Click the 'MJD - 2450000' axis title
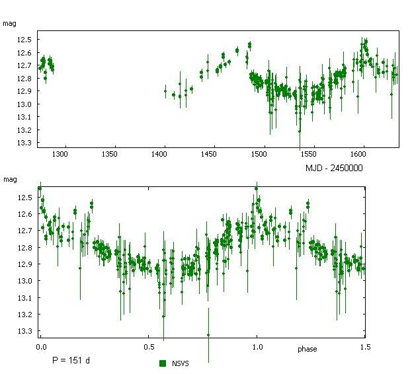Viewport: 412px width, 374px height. tap(334, 168)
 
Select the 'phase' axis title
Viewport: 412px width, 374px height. tap(308, 349)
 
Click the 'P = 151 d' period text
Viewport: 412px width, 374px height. tap(71, 361)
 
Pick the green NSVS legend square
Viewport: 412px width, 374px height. tap(163, 363)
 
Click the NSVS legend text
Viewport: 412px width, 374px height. tap(181, 363)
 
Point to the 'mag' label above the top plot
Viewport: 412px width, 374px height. tap(9, 24)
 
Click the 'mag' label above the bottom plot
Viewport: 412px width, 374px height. tap(9, 179)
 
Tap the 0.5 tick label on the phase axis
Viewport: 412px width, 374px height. tap(149, 346)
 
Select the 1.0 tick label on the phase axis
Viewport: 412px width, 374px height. tap(257, 346)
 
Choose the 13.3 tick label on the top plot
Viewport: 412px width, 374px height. tap(24, 143)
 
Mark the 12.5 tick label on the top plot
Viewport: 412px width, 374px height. tap(24, 40)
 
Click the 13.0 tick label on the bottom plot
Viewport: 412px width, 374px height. tap(24, 281)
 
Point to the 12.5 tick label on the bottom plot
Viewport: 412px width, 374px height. tap(24, 198)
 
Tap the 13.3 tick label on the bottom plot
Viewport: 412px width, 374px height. tap(24, 331)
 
